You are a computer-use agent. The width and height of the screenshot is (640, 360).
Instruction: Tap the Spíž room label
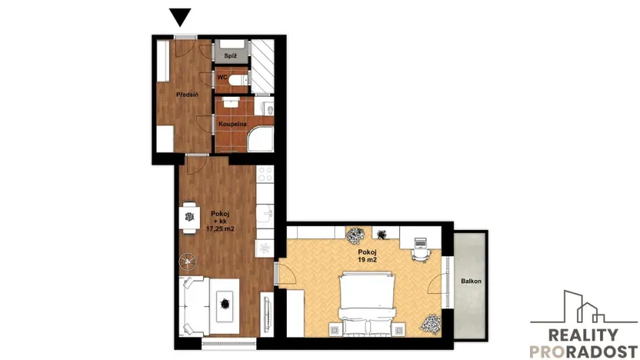point(229,57)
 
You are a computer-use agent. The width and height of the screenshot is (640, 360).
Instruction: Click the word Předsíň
point(187,95)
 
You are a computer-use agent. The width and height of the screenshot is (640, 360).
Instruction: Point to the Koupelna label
point(232,123)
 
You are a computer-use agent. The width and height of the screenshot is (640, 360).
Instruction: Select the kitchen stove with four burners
point(265,178)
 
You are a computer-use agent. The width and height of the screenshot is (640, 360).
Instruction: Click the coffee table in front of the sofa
point(224,302)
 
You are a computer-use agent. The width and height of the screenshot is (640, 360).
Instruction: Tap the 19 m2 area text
point(366,259)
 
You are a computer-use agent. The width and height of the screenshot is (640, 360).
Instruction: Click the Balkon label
point(471,282)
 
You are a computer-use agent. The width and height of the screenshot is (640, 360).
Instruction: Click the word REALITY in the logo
point(582,335)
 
